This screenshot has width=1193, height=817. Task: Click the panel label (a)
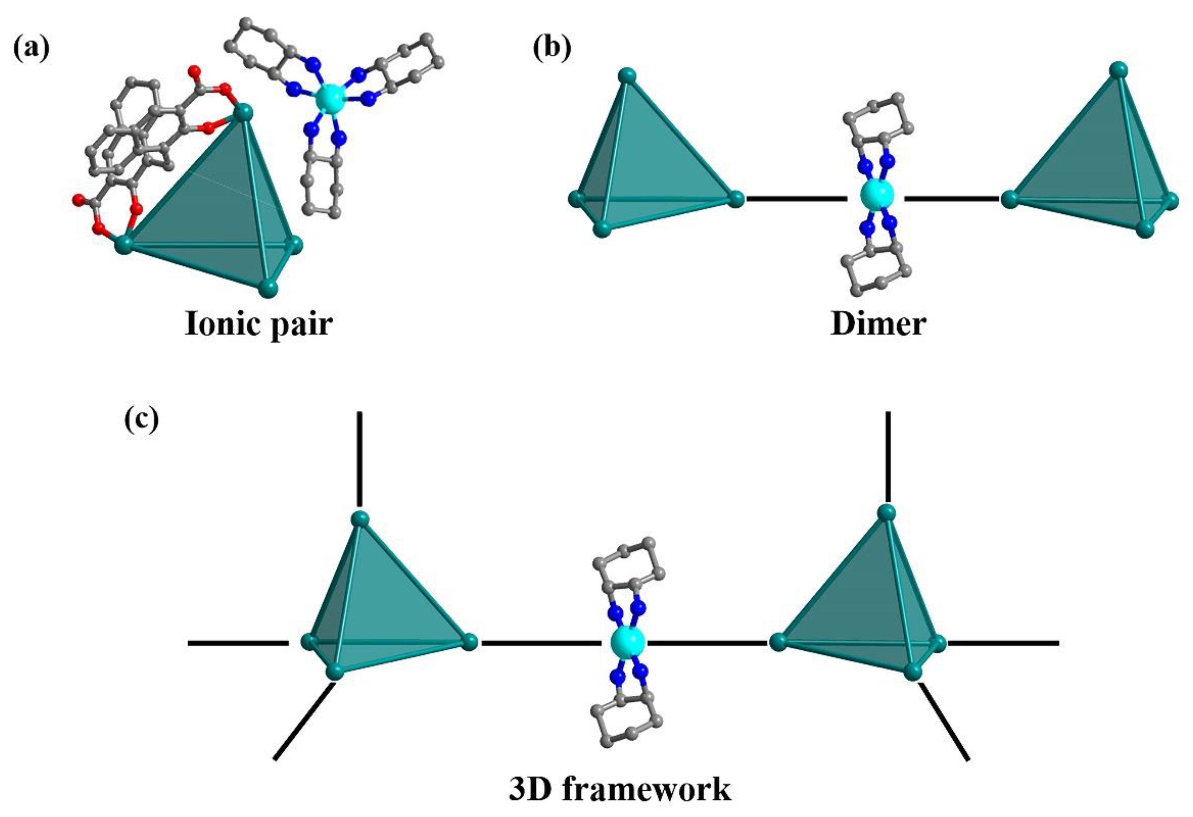point(31,50)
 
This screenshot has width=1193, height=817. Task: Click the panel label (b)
point(552,50)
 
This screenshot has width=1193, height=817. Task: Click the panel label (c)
point(142,419)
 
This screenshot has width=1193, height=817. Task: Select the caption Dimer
point(878,324)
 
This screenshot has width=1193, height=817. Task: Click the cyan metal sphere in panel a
point(328,98)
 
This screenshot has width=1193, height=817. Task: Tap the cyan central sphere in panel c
point(627,643)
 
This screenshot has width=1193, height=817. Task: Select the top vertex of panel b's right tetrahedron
point(1118,70)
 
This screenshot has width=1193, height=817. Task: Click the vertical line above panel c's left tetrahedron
point(360,458)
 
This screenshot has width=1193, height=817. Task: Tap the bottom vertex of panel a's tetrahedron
point(268,288)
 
